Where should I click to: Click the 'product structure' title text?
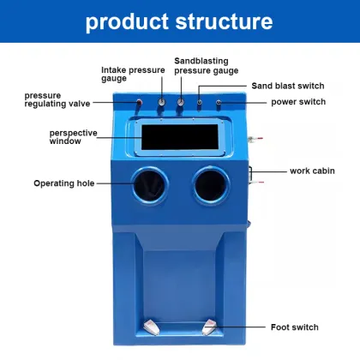click(179, 21)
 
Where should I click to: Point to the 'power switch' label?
click(300, 102)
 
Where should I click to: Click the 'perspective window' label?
click(73, 137)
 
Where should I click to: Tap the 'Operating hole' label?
click(64, 183)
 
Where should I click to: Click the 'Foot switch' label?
click(293, 327)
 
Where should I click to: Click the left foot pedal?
click(152, 327)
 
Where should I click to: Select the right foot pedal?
click(209, 327)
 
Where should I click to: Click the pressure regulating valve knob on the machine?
click(140, 104)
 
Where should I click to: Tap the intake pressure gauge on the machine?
click(162, 104)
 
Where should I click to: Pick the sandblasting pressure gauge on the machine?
click(181, 104)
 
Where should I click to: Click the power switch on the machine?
click(219, 103)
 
